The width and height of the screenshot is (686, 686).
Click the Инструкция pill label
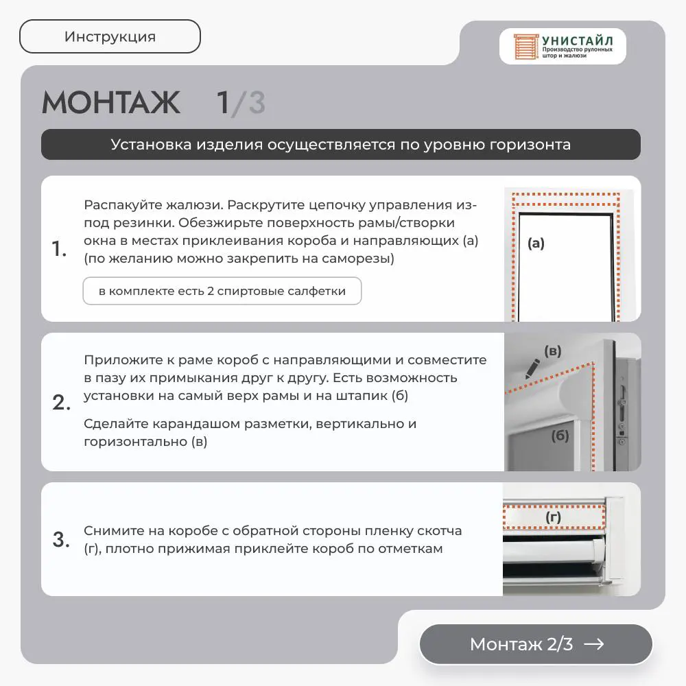point(110,37)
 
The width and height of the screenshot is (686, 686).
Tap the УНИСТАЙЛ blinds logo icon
point(525,47)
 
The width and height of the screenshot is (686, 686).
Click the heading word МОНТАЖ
point(111,103)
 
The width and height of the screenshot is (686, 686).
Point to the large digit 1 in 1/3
point(223,103)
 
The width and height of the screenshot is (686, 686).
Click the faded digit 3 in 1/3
point(257,103)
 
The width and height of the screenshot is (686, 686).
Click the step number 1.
point(59,248)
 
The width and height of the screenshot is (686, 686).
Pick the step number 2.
point(61,403)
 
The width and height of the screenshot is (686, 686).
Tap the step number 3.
point(61,539)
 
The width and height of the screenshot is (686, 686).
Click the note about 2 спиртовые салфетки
point(222,291)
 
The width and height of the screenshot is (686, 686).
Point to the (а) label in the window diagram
point(536,244)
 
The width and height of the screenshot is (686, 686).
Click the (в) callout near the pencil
point(552,351)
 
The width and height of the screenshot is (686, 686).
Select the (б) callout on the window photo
point(560,436)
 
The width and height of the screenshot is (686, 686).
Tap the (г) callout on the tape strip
point(554,517)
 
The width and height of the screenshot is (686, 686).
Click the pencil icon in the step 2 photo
point(532,369)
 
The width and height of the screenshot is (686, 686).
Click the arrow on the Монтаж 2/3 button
point(593,644)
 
